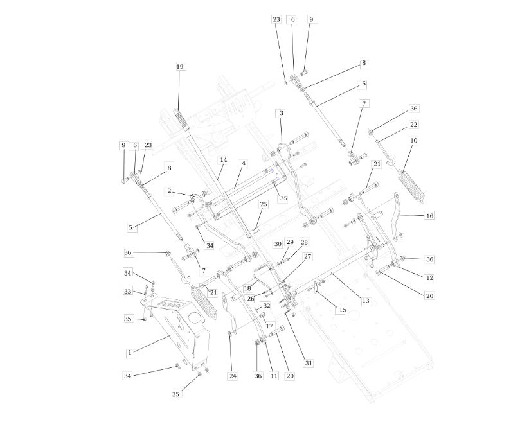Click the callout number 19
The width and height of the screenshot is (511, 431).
(180, 66)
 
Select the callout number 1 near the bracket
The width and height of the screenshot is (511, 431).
(130, 352)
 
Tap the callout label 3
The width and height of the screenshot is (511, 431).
(282, 113)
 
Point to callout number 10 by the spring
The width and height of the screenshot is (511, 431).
(413, 141)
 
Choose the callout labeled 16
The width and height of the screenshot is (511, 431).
(429, 216)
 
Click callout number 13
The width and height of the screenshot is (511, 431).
(366, 301)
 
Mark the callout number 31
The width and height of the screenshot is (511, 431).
(309, 364)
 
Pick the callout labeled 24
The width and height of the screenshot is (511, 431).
(233, 376)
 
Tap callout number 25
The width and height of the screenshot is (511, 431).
(264, 204)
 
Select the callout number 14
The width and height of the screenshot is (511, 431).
(223, 160)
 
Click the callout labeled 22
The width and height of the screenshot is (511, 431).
(413, 125)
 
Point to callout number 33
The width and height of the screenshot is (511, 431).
(128, 291)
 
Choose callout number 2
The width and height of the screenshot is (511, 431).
(169, 191)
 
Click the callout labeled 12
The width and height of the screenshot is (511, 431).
(429, 278)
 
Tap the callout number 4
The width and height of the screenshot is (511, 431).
(243, 163)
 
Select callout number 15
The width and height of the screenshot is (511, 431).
(342, 310)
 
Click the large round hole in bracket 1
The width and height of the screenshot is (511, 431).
(195, 318)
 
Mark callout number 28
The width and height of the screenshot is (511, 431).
(304, 242)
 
